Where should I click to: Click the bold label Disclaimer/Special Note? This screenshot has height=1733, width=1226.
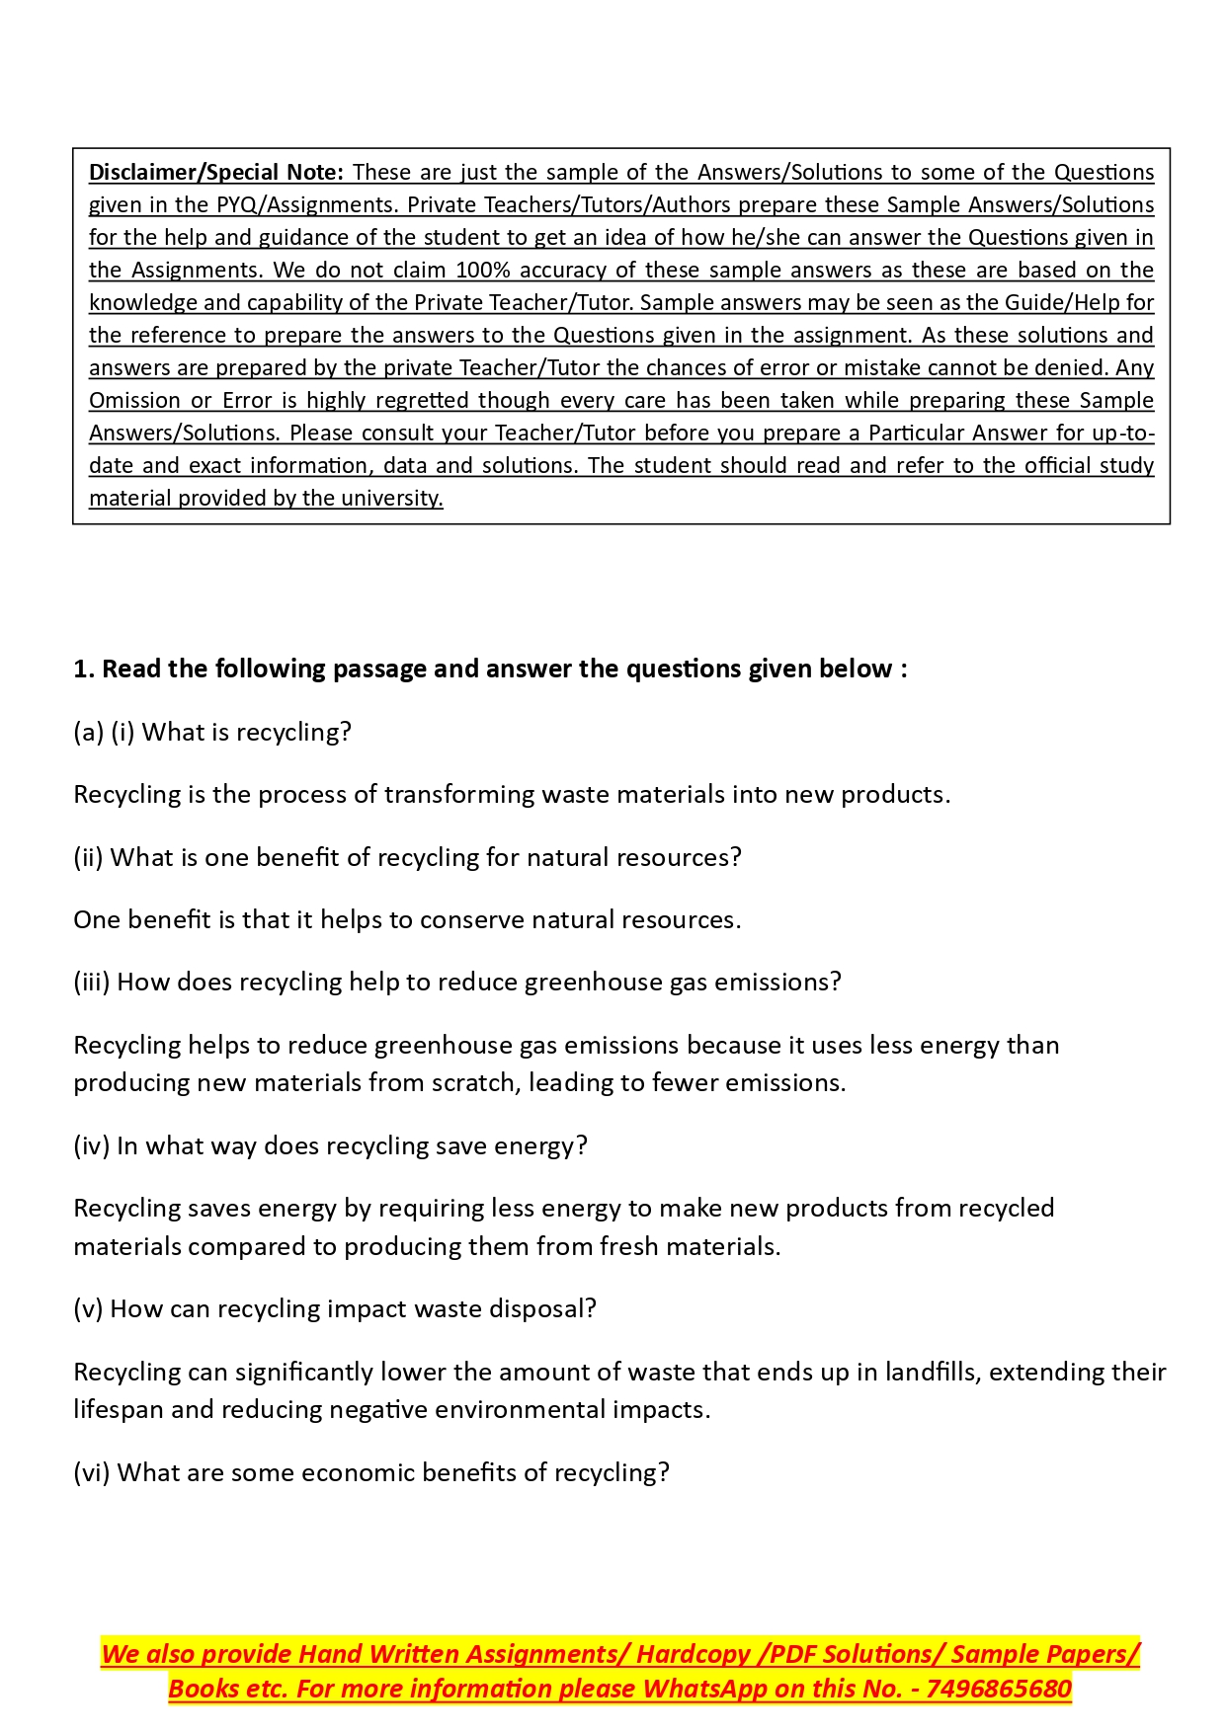coord(215,173)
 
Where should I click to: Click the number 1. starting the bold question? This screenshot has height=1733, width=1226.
coord(84,670)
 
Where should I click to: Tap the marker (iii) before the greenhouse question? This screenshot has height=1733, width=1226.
coord(92,983)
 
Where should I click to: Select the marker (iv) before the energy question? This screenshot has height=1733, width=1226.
coord(92,1146)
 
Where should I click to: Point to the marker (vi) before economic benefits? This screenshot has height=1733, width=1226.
coord(92,1473)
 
